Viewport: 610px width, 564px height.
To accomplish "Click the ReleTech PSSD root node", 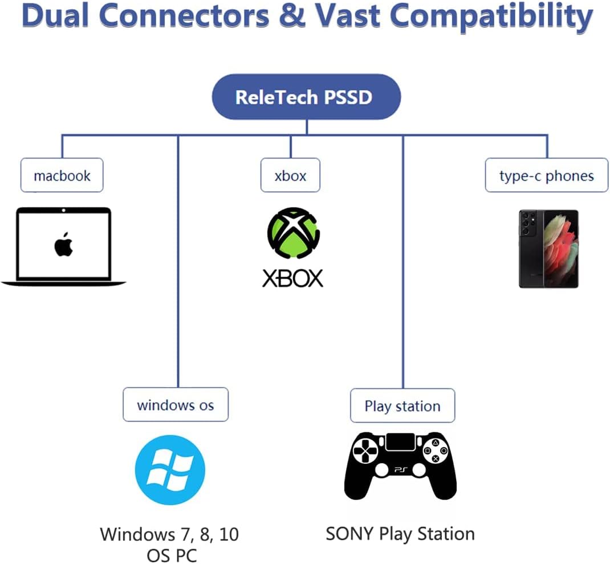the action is pyautogui.click(x=306, y=97).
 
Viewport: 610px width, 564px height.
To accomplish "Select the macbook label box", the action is pyautogui.click(x=62, y=175).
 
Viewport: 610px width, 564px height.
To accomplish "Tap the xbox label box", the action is pyautogui.click(x=290, y=175).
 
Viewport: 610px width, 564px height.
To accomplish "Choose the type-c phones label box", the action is pyautogui.click(x=547, y=175).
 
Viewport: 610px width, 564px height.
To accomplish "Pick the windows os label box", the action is pyautogui.click(x=176, y=404).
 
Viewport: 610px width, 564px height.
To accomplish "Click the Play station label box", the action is pyautogui.click(x=402, y=405).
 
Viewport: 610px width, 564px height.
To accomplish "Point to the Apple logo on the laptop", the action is pyautogui.click(x=64, y=245).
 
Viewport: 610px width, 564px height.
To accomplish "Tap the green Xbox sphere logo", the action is pyautogui.click(x=294, y=233).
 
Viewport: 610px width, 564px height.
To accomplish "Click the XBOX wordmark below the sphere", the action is pyautogui.click(x=292, y=278).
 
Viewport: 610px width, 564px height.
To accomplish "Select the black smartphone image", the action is pyautogui.click(x=548, y=249).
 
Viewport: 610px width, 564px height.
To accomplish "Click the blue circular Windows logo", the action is pyautogui.click(x=170, y=470).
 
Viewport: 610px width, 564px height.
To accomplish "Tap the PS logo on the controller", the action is pyautogui.click(x=401, y=470).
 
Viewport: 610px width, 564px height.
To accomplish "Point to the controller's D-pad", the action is pyautogui.click(x=365, y=452).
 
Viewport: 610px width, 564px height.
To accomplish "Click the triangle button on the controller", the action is pyautogui.click(x=436, y=443).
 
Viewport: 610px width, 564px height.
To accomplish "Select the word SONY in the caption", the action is pyautogui.click(x=349, y=534).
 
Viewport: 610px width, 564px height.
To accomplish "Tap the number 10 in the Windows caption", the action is pyautogui.click(x=229, y=534).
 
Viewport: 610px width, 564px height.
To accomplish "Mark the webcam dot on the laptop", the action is pyautogui.click(x=63, y=210).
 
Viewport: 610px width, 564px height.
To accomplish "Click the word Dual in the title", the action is pyautogui.click(x=56, y=16).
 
